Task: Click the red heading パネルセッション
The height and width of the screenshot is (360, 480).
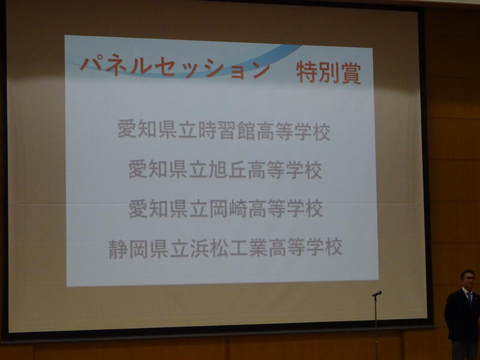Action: coord(175,67)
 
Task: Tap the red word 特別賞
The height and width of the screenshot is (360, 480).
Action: coord(328,73)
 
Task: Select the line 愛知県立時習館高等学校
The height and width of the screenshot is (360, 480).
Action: coord(224,131)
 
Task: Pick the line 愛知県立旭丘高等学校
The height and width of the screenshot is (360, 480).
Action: coord(225,170)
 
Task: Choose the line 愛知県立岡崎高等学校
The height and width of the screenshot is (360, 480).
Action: coord(226,208)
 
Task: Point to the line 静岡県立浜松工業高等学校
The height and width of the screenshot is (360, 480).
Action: coord(226,248)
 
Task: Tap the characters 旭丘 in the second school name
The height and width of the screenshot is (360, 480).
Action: coord(227,170)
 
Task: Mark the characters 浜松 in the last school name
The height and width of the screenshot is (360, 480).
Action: coord(209,248)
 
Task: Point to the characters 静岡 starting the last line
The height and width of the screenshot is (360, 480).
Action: coord(128,248)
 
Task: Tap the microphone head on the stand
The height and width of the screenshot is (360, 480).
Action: coord(377,293)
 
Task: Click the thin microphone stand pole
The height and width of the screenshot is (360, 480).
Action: coord(376,328)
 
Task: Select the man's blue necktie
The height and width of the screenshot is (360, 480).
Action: coord(469,298)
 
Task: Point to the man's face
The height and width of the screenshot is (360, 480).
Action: coord(469,280)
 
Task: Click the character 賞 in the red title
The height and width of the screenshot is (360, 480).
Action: coord(351,73)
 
